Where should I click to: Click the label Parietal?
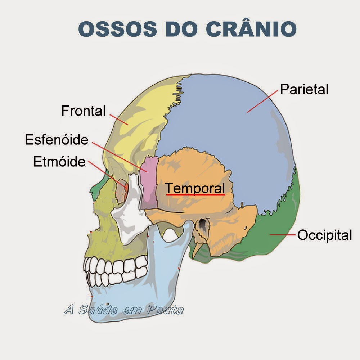tap(304, 89)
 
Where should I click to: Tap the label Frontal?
tap(83, 111)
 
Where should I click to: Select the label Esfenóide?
tap(57, 139)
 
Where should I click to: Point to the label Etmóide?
tap(59, 162)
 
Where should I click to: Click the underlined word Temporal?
tap(195, 188)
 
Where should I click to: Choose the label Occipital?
tap(324, 235)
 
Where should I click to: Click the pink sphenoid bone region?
tap(149, 184)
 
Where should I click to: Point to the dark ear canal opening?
tap(204, 225)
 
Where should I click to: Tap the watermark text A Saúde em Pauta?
tap(123, 310)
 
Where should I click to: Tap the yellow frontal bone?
tap(140, 108)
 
